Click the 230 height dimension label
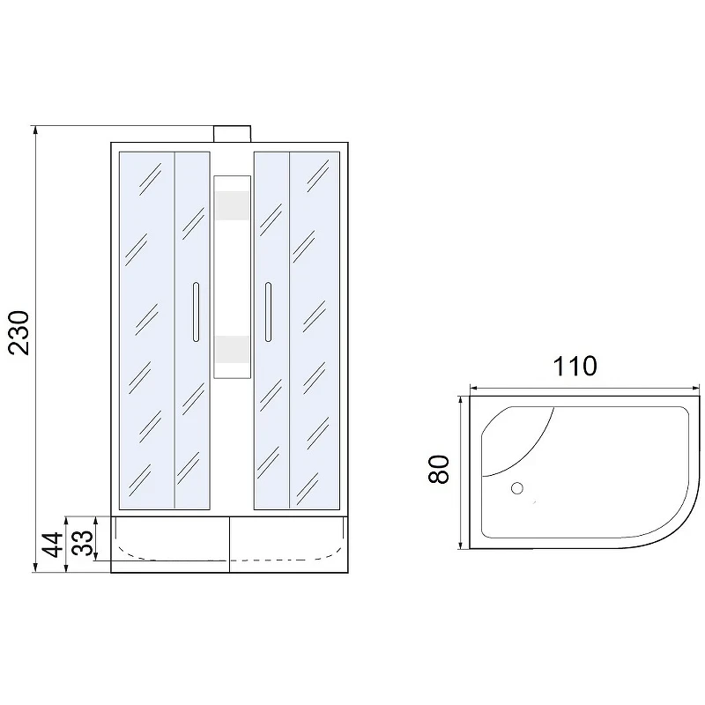pyautogui.click(x=19, y=332)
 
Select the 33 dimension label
pyautogui.click(x=83, y=543)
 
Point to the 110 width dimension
pyautogui.click(x=575, y=366)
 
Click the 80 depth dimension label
pyautogui.click(x=439, y=470)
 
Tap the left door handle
pyautogui.click(x=196, y=312)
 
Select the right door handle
pyautogui.click(x=269, y=312)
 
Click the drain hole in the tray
pyautogui.click(x=517, y=488)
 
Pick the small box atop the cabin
pyautogui.click(x=232, y=134)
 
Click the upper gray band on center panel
pyautogui.click(x=232, y=205)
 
